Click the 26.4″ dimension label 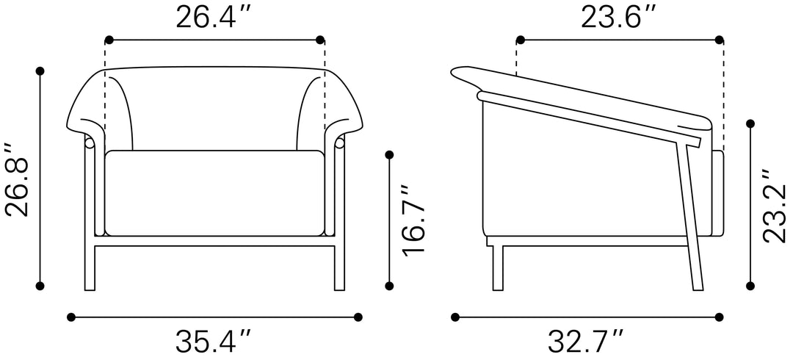pos(213,18)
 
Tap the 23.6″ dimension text pos(620,18)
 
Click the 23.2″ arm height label pos(775,206)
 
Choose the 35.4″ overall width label pos(213,342)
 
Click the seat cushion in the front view pos(214,193)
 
